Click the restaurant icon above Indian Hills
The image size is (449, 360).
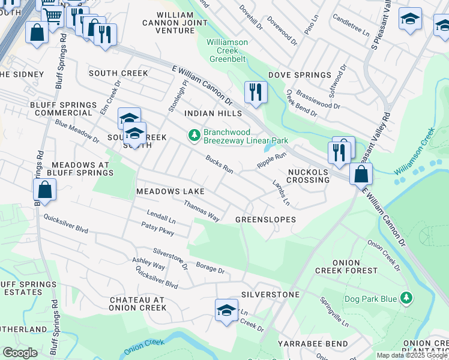click(x=256, y=92)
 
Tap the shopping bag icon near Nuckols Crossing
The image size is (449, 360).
click(x=361, y=174)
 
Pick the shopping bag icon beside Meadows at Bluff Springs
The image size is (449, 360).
click(x=45, y=191)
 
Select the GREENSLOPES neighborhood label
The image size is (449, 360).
click(x=265, y=220)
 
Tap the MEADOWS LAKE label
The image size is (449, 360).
click(x=170, y=191)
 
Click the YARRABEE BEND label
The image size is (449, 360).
click(x=313, y=343)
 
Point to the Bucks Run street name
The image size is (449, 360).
click(x=219, y=164)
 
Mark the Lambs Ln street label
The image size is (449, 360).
click(x=281, y=192)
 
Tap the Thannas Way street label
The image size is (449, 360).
click(x=201, y=211)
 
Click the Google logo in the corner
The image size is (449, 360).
click(x=20, y=353)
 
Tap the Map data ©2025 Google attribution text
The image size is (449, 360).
click(x=412, y=355)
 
